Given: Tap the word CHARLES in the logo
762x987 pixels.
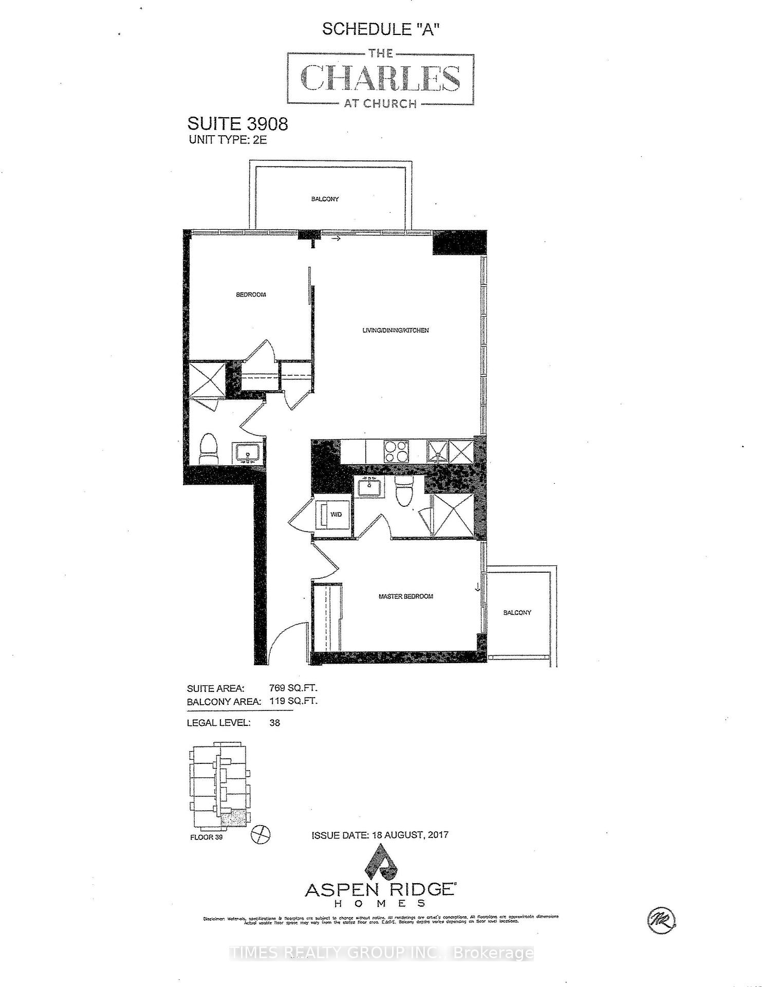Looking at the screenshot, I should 380,78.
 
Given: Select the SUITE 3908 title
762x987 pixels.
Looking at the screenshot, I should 237,124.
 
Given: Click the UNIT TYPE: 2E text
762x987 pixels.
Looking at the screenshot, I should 228,140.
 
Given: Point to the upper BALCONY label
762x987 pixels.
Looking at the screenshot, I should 325,199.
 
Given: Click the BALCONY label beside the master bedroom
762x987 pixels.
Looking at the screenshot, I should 517,612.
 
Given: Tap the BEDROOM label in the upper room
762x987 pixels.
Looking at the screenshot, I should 251,295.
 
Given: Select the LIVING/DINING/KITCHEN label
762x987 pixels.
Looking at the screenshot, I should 396,331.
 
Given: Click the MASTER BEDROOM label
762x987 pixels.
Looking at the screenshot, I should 405,596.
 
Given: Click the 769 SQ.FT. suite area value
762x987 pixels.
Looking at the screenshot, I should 293,688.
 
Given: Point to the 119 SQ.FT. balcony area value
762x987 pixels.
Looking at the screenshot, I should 293,701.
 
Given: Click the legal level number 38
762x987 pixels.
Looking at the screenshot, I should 275,722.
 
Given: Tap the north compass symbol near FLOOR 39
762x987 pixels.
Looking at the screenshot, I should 260,834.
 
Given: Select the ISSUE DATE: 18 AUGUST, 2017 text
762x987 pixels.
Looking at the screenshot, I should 380,835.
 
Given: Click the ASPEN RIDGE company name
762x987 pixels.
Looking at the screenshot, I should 379,890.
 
